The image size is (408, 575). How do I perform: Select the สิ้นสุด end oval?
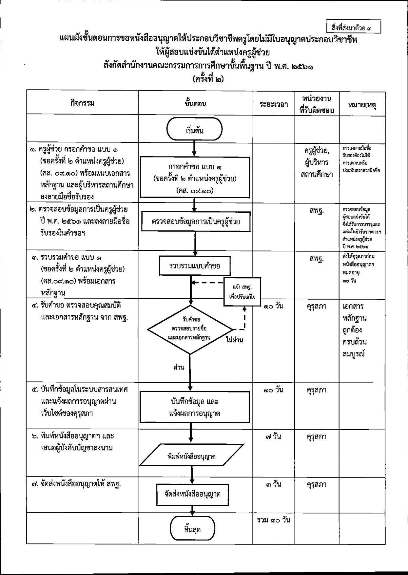coord(192,529)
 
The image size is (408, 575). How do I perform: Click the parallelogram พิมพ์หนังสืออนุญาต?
coord(191,456)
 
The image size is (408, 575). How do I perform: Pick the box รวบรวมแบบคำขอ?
coord(195,266)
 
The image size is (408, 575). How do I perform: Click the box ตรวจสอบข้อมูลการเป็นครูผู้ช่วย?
coord(195,222)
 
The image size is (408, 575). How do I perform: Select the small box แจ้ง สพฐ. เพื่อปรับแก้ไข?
coord(242,292)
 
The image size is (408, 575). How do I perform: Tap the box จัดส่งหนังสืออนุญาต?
coord(192,494)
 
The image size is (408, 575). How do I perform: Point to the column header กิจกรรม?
coord(82,103)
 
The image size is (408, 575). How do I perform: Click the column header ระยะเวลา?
coord(274,104)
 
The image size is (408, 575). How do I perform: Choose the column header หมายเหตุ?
coord(362,105)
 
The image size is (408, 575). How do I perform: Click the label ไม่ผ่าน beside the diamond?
coord(235,340)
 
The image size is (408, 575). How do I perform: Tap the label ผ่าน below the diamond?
coord(179,367)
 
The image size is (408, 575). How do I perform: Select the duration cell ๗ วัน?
coord(274,437)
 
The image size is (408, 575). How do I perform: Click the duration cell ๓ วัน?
coord(274,484)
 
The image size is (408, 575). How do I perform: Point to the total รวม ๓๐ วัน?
coord(274,520)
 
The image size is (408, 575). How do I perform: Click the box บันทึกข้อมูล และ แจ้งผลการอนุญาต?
coord(194,407)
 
